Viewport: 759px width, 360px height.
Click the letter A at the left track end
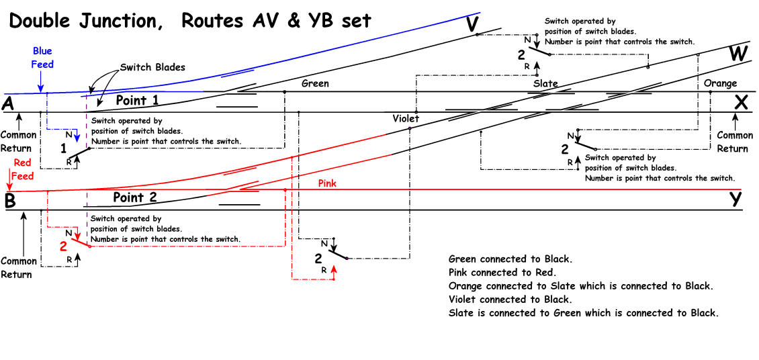pos(9,103)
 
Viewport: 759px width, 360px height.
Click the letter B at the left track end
pos(9,201)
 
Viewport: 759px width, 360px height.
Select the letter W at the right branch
pos(738,54)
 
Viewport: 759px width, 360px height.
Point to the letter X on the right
pos(741,103)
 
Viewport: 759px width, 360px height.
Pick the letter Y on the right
pos(737,199)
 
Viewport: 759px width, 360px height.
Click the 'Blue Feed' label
pos(42,58)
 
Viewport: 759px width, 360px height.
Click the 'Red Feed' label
pos(22,169)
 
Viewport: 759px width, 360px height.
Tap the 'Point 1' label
pos(137,100)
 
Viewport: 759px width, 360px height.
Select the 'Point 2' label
pos(134,197)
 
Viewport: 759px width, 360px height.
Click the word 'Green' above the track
pos(315,84)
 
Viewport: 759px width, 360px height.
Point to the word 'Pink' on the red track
pos(327,183)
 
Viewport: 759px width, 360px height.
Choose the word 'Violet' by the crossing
pos(406,119)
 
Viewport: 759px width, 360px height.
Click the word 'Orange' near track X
pos(720,84)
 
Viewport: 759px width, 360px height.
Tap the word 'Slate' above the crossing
pos(545,84)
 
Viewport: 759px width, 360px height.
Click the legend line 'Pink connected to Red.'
pos(502,273)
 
